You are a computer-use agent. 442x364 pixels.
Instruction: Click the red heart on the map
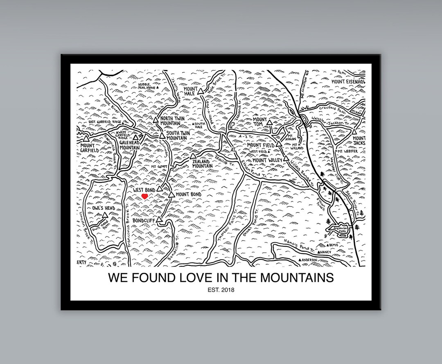[144, 197]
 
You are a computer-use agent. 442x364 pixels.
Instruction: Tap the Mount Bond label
[189, 194]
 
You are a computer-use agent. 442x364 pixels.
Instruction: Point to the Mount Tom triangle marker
[269, 122]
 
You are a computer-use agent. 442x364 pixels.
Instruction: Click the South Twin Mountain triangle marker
[162, 135]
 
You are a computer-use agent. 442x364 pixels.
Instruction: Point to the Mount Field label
[260, 145]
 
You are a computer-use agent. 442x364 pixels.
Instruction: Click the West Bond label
[143, 190]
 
